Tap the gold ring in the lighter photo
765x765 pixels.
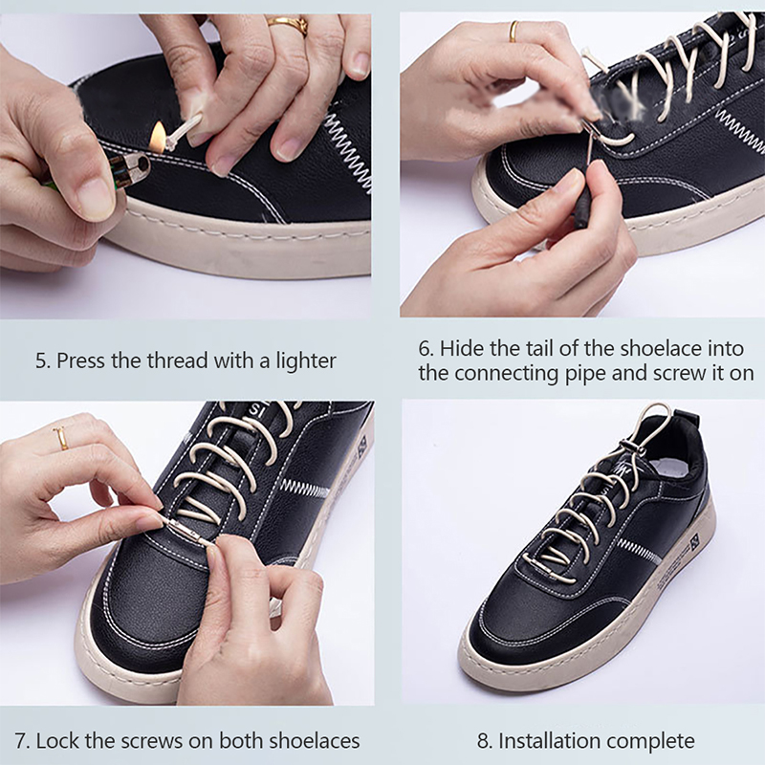click(x=288, y=25)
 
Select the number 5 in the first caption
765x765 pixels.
click(x=40, y=361)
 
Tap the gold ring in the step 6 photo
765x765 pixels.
click(x=514, y=32)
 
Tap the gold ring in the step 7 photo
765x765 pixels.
click(x=61, y=438)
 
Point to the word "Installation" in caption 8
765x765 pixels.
click(x=546, y=740)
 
